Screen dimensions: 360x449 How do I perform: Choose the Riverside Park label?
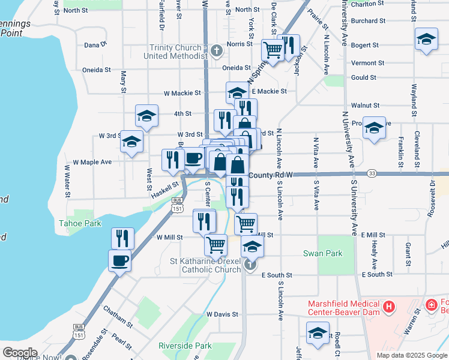[x=185, y=346]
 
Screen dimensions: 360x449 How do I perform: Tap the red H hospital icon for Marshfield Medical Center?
[x=389, y=307]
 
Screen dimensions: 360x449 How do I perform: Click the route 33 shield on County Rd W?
[x=372, y=173]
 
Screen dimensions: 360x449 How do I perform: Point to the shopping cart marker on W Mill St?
[x=215, y=245]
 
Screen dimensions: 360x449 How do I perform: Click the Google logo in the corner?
[x=19, y=352]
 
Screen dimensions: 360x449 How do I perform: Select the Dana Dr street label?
[x=95, y=44]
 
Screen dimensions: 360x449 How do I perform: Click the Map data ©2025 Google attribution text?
[x=411, y=355]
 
